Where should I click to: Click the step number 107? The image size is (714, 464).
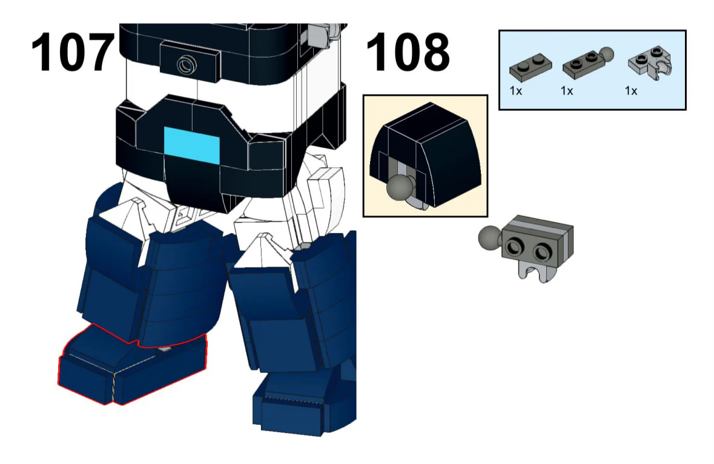point(73,53)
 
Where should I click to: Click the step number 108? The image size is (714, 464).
point(408,53)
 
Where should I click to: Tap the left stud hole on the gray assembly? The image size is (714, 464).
point(515,246)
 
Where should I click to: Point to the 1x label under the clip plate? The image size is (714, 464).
point(631,91)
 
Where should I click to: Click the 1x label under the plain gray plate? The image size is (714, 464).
point(516,91)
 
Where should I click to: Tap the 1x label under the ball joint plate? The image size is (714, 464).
point(567,91)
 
